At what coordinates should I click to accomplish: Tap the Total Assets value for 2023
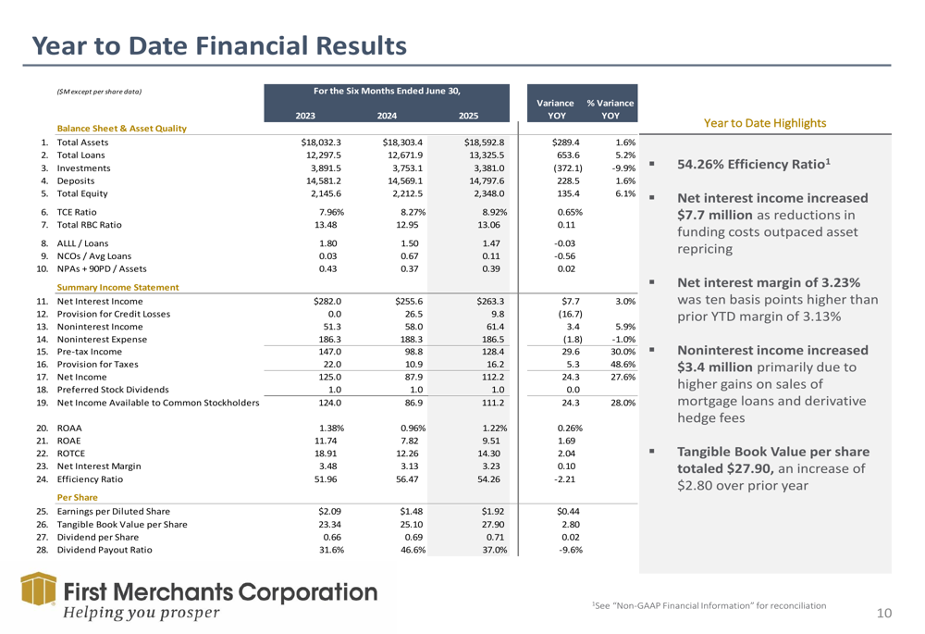coord(322,143)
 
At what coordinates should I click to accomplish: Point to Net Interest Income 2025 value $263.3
coord(489,301)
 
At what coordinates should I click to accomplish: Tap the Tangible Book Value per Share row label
coord(121,525)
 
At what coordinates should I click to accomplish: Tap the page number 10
coord(884,612)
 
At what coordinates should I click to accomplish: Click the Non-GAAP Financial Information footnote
coord(709,604)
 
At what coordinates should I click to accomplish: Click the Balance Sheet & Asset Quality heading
coord(122,129)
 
